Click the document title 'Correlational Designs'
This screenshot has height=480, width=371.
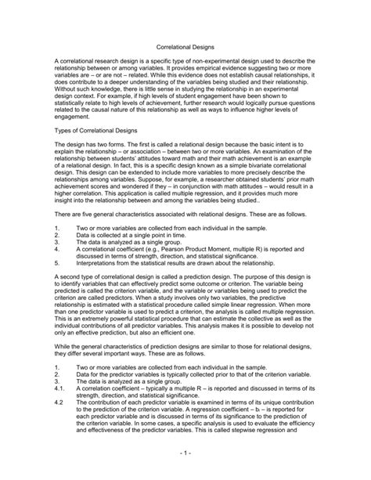pos(185,46)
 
